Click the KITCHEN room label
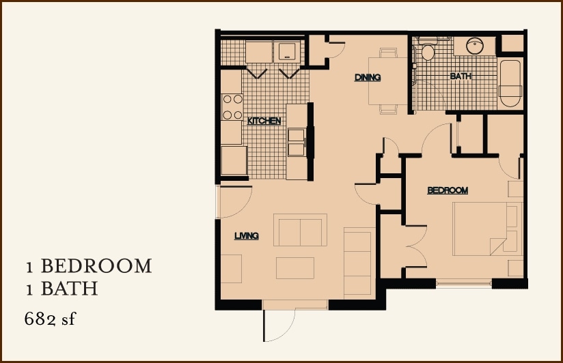[264, 121]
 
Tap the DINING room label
[367, 77]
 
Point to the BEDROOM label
[447, 190]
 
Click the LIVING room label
[246, 236]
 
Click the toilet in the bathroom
[428, 52]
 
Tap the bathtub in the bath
[510, 85]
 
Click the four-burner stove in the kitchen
[232, 106]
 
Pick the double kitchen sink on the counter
[297, 141]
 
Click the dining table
[387, 80]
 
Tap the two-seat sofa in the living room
[300, 230]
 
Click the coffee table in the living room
[294, 267]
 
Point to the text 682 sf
[49, 318]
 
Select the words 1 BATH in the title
[61, 289]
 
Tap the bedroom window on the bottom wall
[463, 282]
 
